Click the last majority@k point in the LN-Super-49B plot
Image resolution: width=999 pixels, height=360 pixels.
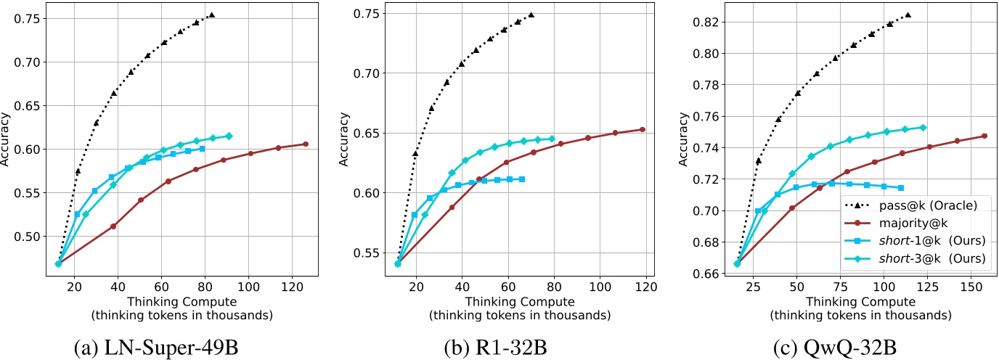pos(305,144)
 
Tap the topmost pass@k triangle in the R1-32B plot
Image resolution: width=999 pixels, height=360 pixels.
pos(531,15)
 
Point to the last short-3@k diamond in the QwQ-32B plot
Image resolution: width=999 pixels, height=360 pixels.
pos(923,127)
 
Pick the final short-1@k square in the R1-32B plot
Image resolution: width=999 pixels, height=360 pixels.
pos(522,179)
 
